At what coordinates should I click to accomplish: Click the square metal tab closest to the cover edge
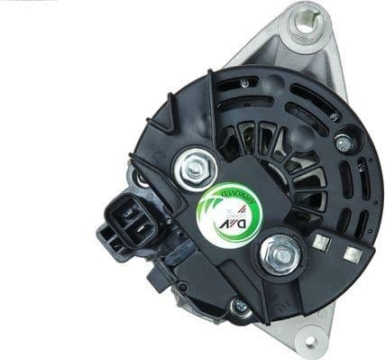click(353, 254)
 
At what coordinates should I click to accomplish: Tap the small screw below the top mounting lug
click(343, 142)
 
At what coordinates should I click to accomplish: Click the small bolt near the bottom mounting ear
click(240, 308)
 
